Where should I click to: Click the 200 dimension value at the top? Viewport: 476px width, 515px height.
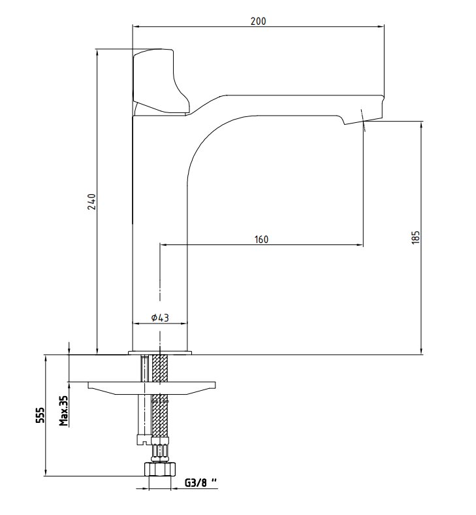pos(258,21)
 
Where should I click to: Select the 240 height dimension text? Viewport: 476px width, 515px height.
pos(92,201)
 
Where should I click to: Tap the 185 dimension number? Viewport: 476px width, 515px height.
pos(415,237)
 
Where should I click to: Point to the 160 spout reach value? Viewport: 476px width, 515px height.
pos(261,239)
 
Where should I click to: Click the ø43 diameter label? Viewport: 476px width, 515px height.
pos(160,318)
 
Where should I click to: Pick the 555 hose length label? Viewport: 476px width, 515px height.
pos(40,415)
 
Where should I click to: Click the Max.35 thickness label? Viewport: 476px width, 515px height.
pos(63,410)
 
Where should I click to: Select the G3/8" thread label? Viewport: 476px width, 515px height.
pos(200,483)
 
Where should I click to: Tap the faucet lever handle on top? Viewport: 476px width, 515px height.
pos(161,82)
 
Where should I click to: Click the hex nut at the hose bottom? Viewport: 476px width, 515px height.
pos(160,469)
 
